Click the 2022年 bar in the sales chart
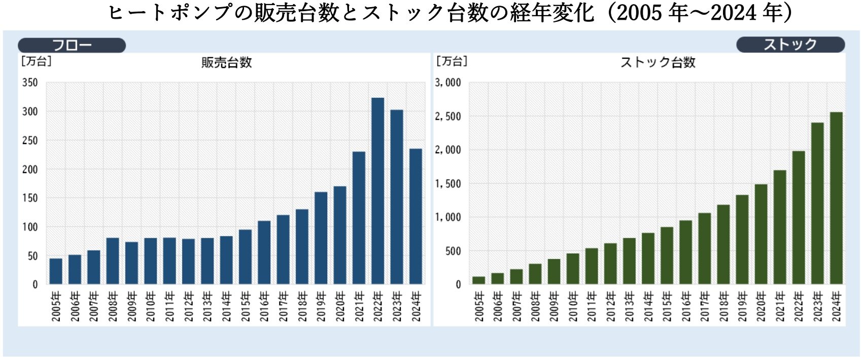coord(377,191)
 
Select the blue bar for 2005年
coord(56,271)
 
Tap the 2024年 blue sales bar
coord(416,216)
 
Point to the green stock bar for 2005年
coord(479,280)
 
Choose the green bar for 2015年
coord(667,256)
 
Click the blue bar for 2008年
coord(113,261)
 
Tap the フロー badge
coord(72,45)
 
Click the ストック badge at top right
coord(790,45)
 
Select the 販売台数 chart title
coord(226,63)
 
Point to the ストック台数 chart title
coord(658,63)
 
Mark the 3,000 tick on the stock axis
coord(448,83)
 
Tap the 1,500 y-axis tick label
coord(448,184)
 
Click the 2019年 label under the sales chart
coord(321,306)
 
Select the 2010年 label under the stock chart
coord(573,306)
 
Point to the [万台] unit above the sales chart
coord(36,61)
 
